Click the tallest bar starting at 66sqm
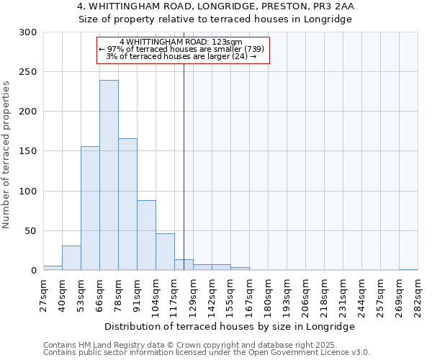tap(109, 175)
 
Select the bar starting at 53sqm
tap(90, 208)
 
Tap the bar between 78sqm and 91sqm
tap(127, 204)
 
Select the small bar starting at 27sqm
tap(53, 268)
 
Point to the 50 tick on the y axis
tap(31, 231)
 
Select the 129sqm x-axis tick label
tap(193, 294)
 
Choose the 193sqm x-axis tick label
tap(287, 294)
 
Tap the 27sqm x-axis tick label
tap(43, 294)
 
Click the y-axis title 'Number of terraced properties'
tap(7, 155)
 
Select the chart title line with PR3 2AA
tap(215, 6)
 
